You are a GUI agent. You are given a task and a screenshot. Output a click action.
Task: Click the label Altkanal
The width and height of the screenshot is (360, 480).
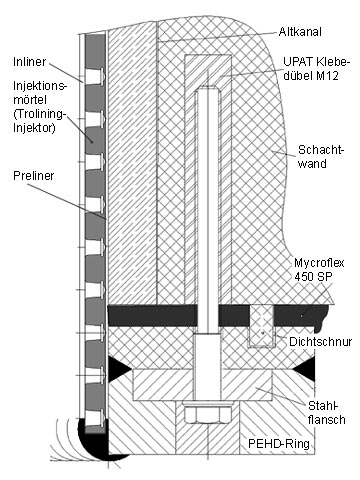(x=300, y=32)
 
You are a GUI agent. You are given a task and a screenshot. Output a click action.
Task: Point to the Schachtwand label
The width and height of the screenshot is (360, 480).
(x=320, y=156)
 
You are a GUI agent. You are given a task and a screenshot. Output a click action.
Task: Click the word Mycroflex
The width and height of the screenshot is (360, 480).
(x=319, y=263)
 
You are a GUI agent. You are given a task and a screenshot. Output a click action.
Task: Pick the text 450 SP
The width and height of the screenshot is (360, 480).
(x=313, y=276)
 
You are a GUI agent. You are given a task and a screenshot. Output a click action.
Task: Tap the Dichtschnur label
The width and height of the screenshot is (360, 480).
(x=320, y=342)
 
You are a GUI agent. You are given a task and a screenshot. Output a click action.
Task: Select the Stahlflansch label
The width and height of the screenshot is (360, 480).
(x=327, y=412)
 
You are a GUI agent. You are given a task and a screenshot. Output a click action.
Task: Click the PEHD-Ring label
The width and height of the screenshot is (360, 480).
(x=279, y=444)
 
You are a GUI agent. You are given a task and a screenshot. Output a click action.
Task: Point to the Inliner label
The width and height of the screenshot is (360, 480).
(x=30, y=62)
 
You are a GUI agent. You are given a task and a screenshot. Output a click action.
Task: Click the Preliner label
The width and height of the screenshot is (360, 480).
(x=33, y=176)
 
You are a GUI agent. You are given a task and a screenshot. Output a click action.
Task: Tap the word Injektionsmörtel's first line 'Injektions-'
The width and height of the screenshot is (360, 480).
(x=40, y=86)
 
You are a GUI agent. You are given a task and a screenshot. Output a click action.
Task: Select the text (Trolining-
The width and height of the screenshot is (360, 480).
(x=40, y=114)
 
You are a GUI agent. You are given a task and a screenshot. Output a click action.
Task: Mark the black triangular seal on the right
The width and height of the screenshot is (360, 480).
(x=304, y=368)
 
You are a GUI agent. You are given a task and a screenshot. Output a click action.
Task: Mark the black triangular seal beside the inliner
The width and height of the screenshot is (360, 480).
(x=119, y=368)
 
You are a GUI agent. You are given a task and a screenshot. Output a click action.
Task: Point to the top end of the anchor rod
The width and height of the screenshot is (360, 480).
(x=208, y=87)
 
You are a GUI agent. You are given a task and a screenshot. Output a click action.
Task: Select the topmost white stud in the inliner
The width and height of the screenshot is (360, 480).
(x=95, y=76)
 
